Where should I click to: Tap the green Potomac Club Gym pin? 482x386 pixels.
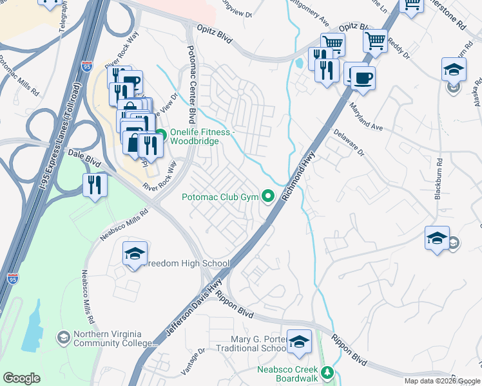click(x=267, y=197)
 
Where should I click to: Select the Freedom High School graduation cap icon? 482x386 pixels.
click(x=135, y=254)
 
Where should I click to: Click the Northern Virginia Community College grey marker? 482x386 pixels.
click(x=64, y=337)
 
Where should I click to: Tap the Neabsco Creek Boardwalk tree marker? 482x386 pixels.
click(x=328, y=372)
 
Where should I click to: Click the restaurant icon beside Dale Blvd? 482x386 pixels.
click(x=95, y=185)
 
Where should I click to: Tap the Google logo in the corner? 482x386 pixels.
click(x=21, y=378)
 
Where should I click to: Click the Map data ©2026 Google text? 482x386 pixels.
click(x=441, y=381)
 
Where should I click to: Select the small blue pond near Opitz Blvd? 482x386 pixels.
click(x=298, y=64)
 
